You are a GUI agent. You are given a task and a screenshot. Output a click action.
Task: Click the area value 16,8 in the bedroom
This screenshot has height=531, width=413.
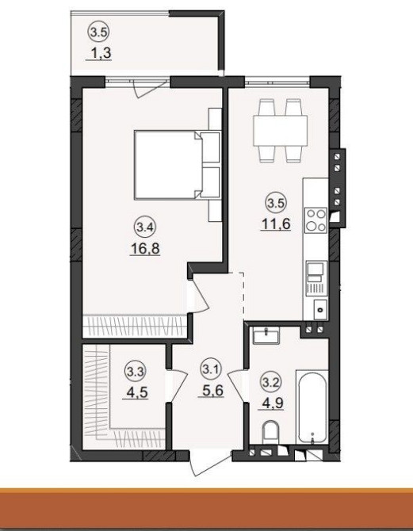[x=144, y=249]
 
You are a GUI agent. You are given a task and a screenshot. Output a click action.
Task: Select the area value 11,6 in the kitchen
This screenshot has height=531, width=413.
[x=275, y=224]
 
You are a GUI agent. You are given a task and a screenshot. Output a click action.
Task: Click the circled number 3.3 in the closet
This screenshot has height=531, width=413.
[x=136, y=372]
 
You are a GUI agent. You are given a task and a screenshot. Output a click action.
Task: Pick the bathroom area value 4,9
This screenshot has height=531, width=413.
[x=270, y=403]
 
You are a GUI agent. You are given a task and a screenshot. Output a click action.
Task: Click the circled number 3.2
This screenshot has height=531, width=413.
[x=271, y=383]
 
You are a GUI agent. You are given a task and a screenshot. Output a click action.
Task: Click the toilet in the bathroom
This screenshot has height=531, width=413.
[x=270, y=432]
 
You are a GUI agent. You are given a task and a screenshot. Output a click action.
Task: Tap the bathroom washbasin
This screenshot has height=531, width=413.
[x=266, y=336]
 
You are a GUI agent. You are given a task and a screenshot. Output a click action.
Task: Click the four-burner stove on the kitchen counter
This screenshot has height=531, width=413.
[x=315, y=220]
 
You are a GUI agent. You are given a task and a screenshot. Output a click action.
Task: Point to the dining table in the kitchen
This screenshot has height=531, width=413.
[x=280, y=131]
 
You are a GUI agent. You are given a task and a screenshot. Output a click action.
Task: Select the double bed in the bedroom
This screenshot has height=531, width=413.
[x=177, y=166]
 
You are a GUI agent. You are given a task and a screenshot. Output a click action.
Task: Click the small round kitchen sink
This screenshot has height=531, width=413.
[x=320, y=310]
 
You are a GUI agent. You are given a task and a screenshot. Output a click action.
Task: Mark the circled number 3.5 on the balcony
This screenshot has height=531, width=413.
[x=98, y=32]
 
